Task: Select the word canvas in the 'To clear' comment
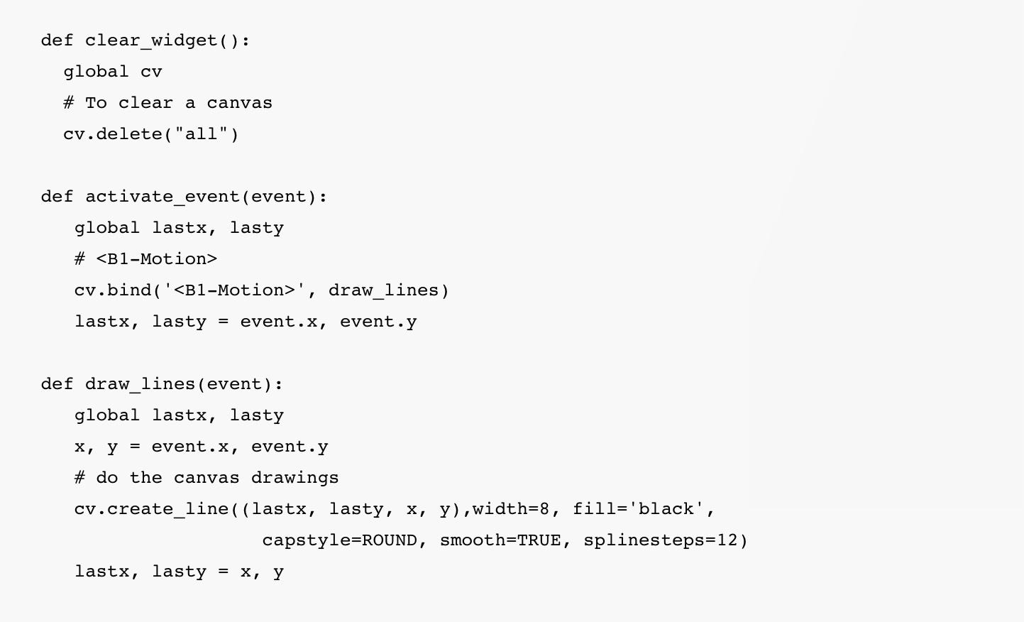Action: click(x=239, y=103)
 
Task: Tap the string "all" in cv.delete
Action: click(x=201, y=134)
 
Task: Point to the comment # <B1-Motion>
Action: click(x=145, y=259)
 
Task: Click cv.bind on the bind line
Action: click(x=112, y=290)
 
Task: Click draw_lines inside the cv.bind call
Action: click(x=383, y=290)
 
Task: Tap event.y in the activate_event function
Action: click(x=378, y=322)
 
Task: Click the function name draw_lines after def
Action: click(x=140, y=384)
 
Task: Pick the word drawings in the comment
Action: click(x=294, y=478)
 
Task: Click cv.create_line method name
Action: click(x=151, y=509)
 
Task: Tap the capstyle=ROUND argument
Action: click(x=339, y=540)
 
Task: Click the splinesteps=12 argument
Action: click(x=661, y=540)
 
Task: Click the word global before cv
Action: click(x=96, y=72)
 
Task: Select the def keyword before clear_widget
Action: click(x=57, y=40)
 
